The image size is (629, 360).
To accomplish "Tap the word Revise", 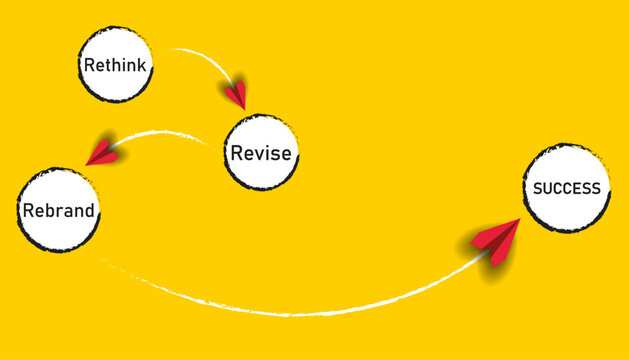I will pos(261,153).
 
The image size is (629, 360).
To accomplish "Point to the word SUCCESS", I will pos(567,188).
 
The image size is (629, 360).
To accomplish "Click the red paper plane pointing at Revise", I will pos(236,94).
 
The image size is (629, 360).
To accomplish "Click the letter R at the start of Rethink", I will pos(88,67).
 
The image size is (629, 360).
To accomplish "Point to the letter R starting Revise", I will pos(236,153).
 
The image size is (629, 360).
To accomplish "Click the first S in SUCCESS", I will pos(537,188).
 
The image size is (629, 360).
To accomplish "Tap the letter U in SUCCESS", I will pos(547,188).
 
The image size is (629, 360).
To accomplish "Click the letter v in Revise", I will pos(260,154).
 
